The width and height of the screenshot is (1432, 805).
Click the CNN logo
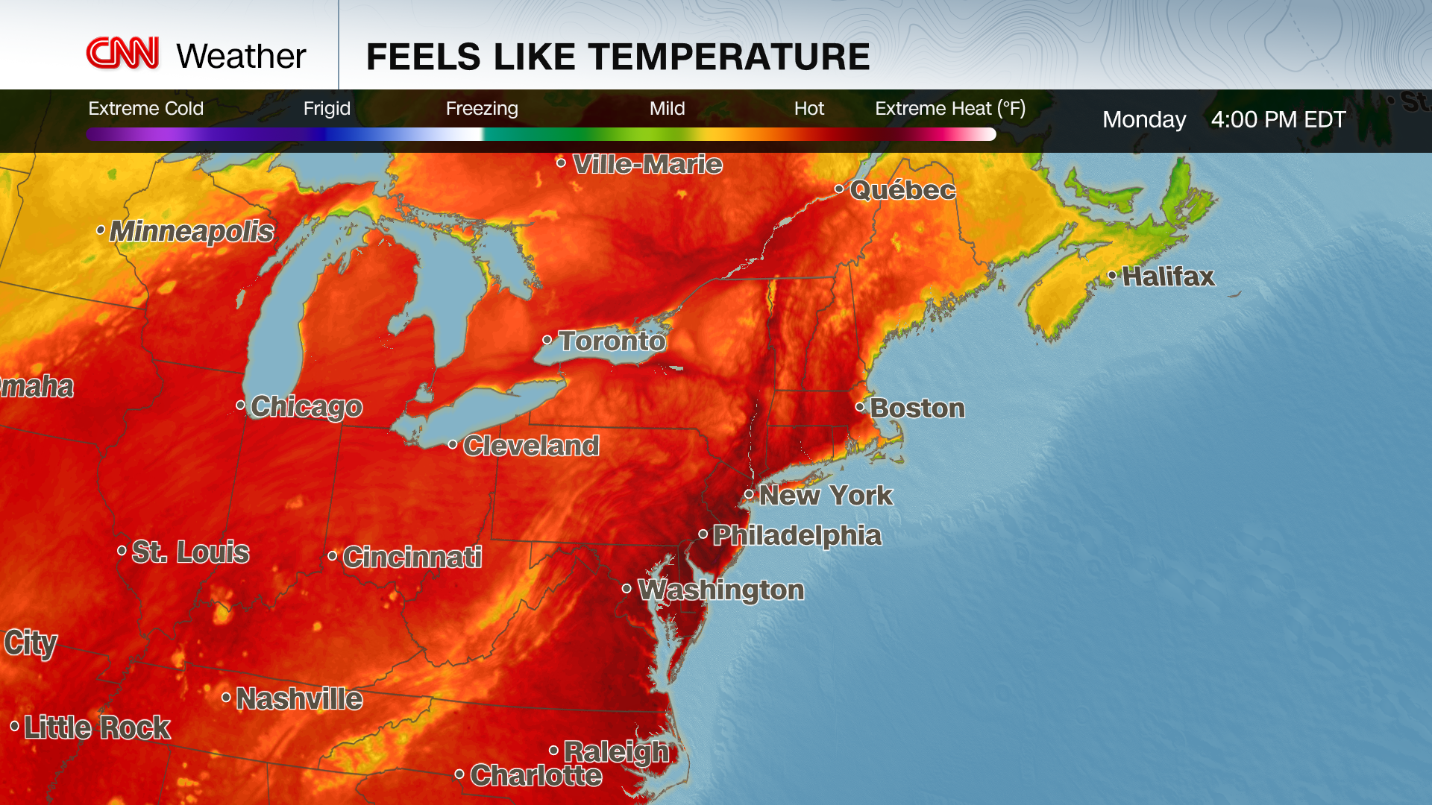click(x=122, y=54)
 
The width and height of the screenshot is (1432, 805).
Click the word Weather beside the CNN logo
click(x=241, y=57)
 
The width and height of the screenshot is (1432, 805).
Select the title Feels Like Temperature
click(x=618, y=57)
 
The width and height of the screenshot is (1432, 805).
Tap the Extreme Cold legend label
click(x=145, y=109)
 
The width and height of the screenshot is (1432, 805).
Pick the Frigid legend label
click(x=327, y=109)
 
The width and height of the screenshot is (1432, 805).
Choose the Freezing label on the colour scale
click(x=482, y=109)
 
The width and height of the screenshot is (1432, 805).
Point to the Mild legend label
click(x=667, y=109)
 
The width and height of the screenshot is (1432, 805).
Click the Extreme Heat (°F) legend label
click(x=950, y=109)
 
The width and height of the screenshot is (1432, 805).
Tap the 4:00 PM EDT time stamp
click(x=1278, y=119)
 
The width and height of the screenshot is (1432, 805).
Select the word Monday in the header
click(x=1144, y=119)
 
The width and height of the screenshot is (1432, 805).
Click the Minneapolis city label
click(x=192, y=231)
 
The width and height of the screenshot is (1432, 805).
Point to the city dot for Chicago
click(x=240, y=405)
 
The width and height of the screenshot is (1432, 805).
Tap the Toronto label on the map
click(x=612, y=341)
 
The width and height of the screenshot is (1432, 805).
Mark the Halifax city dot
click(x=1112, y=276)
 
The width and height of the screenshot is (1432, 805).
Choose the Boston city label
click(x=917, y=408)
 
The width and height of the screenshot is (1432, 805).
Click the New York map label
click(x=826, y=496)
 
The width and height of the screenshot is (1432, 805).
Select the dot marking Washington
click(x=626, y=589)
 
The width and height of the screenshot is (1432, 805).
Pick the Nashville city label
click(x=299, y=699)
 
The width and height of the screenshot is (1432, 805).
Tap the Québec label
click(x=902, y=190)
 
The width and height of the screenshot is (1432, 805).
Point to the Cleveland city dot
click(x=453, y=445)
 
